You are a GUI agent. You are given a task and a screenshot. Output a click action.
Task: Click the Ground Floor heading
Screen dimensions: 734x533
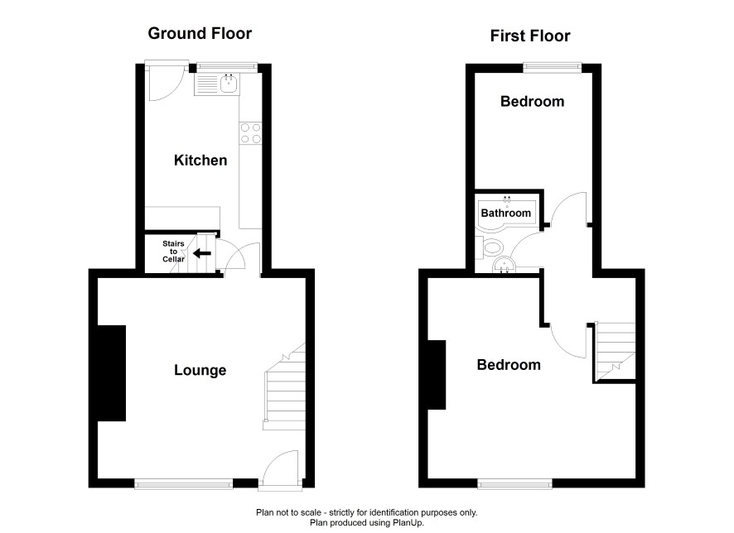200,33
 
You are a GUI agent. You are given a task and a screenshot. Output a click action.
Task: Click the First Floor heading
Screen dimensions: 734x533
530,36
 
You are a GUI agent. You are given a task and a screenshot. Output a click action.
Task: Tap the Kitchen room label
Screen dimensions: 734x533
200,161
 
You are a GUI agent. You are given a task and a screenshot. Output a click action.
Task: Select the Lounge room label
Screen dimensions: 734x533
200,370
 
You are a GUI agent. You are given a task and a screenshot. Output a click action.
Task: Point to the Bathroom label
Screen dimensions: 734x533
505,214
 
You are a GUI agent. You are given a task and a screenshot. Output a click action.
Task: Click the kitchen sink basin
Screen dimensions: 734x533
229,84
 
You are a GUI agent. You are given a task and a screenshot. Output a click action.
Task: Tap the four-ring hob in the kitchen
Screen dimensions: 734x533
250,133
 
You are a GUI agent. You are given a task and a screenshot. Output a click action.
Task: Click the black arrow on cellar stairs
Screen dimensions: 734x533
202,253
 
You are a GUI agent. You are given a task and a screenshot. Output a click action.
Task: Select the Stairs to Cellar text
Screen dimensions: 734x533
173,251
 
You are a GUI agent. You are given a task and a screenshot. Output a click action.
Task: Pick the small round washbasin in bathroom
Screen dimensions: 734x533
504,265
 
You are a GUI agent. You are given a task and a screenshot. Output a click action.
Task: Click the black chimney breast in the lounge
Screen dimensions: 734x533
111,373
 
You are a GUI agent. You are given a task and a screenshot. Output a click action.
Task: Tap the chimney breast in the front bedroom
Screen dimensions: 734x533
437,375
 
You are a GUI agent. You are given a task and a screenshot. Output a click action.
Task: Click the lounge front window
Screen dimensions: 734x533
184,484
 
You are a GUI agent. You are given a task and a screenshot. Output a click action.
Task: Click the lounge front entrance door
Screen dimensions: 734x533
280,469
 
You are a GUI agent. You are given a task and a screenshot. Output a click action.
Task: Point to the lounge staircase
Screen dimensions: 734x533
285,387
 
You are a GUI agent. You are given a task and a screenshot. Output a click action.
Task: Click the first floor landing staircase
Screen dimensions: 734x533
615,351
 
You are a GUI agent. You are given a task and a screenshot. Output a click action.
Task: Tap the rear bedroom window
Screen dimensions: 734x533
553,67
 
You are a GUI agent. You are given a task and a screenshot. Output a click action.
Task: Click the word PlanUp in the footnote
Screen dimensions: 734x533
409,523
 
